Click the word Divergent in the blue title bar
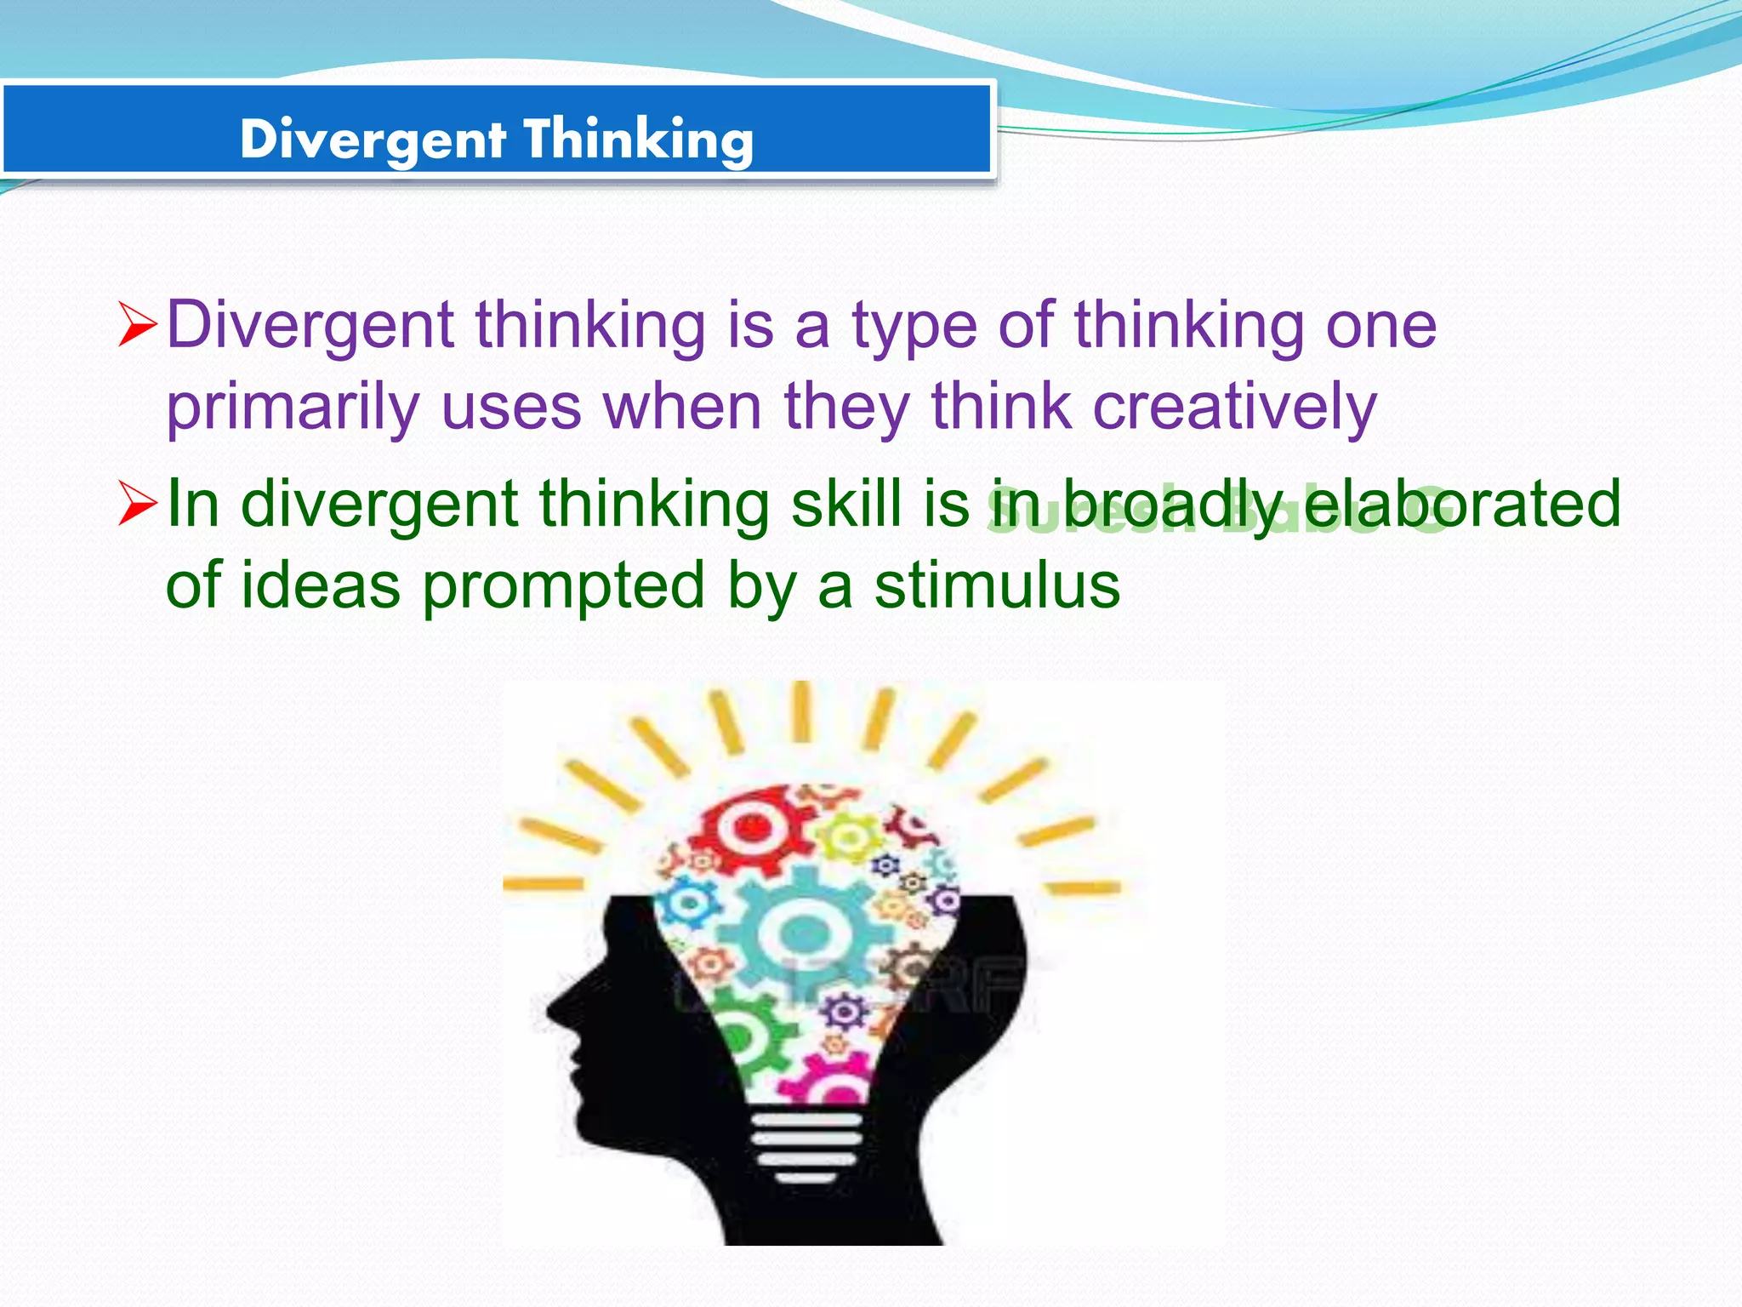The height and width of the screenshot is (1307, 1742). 373,139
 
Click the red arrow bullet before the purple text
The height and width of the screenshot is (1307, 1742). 137,325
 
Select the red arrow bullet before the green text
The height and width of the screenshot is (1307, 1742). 137,503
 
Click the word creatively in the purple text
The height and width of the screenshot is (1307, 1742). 1234,407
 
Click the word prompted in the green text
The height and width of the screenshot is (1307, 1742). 563,587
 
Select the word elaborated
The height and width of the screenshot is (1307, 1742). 1462,503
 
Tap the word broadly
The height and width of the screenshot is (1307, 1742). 1173,505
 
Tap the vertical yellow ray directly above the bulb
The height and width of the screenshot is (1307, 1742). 801,711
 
